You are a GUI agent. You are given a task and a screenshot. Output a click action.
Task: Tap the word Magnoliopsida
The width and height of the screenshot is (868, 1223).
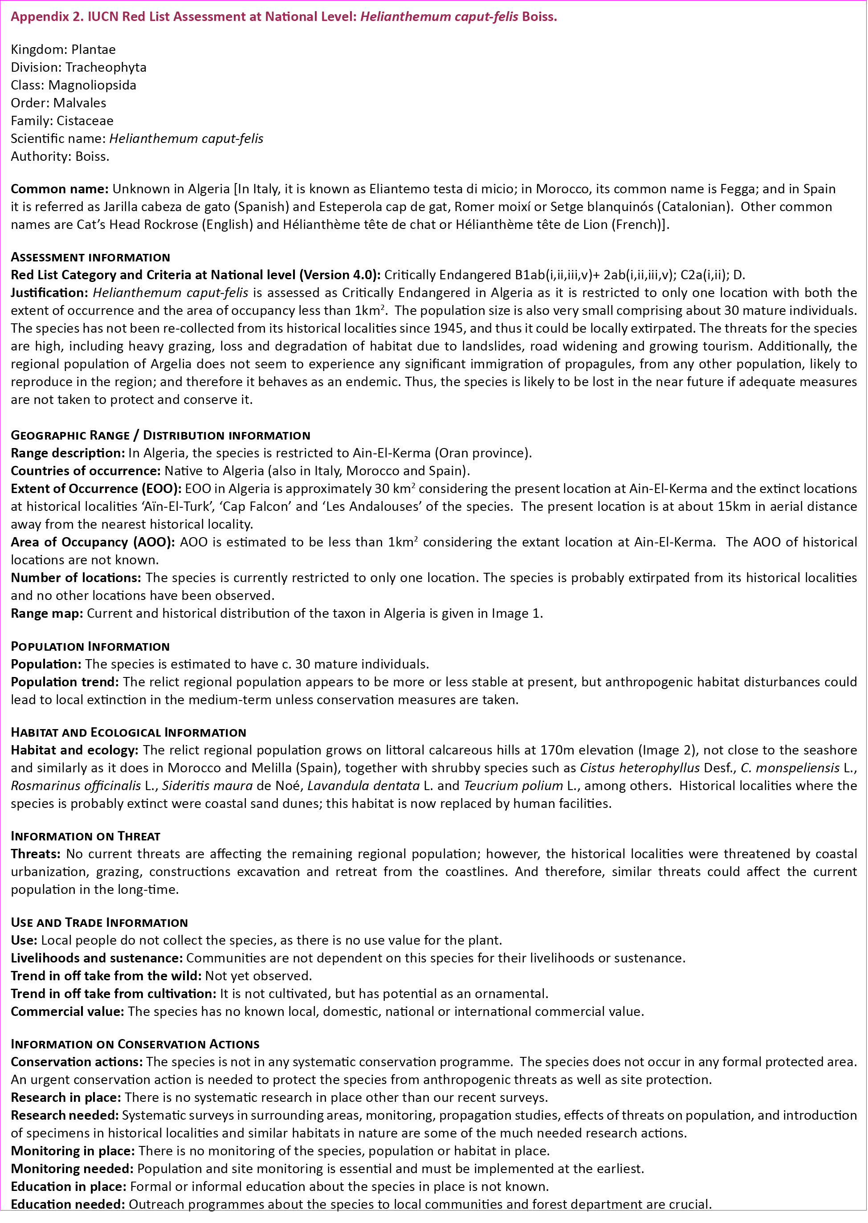92,85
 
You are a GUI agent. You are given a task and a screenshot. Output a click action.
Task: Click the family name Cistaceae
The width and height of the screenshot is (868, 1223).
85,121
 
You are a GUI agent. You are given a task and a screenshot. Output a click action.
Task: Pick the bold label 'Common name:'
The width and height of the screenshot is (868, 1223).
59,189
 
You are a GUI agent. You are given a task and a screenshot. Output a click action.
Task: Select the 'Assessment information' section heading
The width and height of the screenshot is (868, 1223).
90,257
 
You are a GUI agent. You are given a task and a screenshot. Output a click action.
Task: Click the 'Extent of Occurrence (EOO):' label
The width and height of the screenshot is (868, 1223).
96,489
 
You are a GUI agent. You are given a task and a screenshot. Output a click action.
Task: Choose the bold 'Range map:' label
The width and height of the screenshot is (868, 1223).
46,613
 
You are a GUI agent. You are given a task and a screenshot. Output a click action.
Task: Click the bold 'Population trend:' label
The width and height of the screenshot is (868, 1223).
65,681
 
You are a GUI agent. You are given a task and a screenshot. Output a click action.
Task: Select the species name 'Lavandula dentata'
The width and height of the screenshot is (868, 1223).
363,786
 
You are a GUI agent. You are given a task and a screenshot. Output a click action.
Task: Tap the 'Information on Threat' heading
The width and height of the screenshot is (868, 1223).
86,836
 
